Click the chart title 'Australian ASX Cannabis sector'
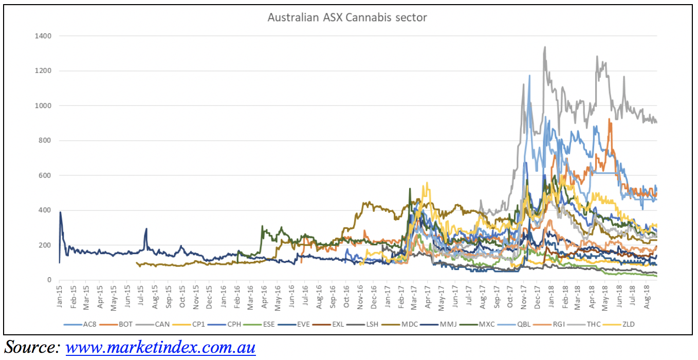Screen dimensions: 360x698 (347, 17)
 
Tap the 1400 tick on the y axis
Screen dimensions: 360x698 (43, 36)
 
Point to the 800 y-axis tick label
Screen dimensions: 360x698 (45, 140)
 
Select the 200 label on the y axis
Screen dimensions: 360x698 (45, 245)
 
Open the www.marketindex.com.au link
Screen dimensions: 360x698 (160, 348)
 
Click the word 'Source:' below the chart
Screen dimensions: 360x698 (32, 347)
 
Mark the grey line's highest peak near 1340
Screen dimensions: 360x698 (545, 47)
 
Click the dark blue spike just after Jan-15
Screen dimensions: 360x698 (61, 212)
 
